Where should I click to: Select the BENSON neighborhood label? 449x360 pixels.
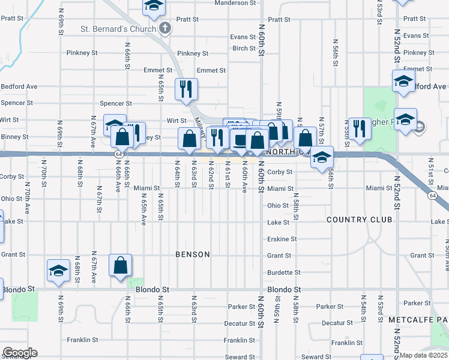pyautogui.click(x=193, y=254)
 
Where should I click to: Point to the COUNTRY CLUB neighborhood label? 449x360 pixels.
pyautogui.click(x=359, y=220)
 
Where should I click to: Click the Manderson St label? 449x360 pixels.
pyautogui.click(x=236, y=3)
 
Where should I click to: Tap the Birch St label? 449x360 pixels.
pyautogui.click(x=244, y=49)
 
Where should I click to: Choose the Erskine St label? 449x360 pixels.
pyautogui.click(x=282, y=239)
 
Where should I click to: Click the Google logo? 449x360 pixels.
pyautogui.click(x=20, y=353)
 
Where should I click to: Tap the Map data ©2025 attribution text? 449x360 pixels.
pyautogui.click(x=424, y=355)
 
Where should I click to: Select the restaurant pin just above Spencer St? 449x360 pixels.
pyautogui.click(x=186, y=89)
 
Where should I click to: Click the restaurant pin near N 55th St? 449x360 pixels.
pyautogui.click(x=359, y=128)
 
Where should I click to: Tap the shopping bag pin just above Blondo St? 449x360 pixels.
pyautogui.click(x=120, y=265)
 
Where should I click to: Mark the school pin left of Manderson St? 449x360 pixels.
pyautogui.click(x=154, y=6)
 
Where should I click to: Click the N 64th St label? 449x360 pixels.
pyautogui.click(x=177, y=173)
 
